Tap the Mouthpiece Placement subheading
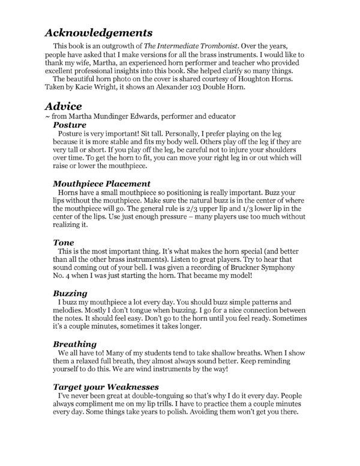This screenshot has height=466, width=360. pos(101,183)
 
